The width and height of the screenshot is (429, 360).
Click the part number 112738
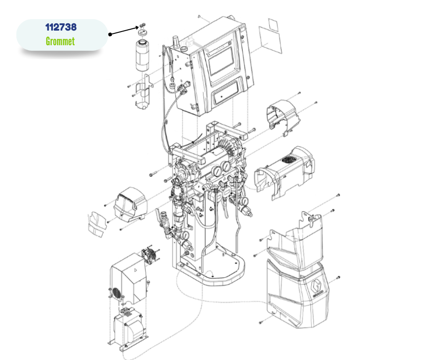point(61,27)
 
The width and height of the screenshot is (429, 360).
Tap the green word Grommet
point(60,42)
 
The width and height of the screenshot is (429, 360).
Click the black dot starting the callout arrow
point(110,34)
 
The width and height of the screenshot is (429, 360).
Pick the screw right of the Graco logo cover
point(338,277)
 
